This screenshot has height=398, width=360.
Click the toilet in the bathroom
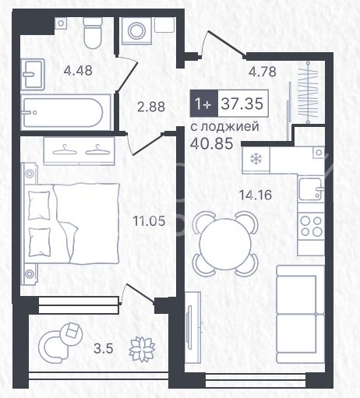click(92, 33)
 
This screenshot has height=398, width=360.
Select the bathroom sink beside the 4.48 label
click(33, 74)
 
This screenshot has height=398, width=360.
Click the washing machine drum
click(136, 31)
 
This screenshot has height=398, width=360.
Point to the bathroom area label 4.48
click(78, 70)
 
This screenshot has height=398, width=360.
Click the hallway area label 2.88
click(151, 107)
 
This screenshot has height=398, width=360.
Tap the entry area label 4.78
click(263, 72)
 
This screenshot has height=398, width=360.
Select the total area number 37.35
click(242, 104)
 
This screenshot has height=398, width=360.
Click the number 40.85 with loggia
click(211, 143)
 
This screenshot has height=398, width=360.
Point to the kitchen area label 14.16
click(256, 195)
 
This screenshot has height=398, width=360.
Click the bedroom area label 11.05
click(149, 221)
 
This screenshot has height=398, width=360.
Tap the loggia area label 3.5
click(104, 348)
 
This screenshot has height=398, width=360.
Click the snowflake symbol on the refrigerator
click(256, 159)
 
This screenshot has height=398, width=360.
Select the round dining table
click(225, 243)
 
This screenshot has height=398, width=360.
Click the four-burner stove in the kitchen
click(311, 225)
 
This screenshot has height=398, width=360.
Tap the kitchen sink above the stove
click(311, 189)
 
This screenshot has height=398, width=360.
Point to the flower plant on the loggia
click(142, 349)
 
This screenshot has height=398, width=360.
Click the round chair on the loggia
click(61, 341)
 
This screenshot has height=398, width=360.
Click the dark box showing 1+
click(203, 103)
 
